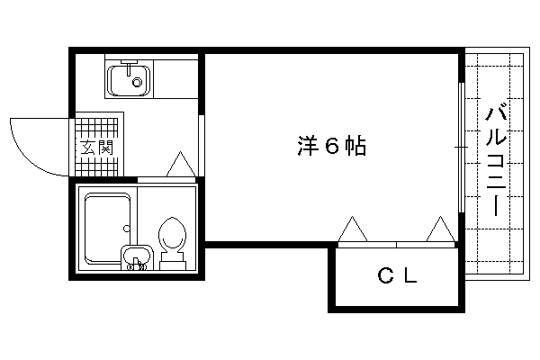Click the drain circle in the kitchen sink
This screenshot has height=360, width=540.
(138, 84)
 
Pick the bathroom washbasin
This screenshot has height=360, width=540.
(135, 256)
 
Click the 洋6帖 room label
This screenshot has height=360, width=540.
(330, 147)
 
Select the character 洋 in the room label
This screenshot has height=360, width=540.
(306, 147)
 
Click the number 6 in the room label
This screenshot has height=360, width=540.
(330, 147)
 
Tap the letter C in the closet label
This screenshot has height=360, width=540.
(384, 277)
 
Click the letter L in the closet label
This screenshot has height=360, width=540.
(409, 277)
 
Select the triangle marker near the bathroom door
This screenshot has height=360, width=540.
(180, 164)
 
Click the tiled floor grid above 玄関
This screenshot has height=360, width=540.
(94, 124)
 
